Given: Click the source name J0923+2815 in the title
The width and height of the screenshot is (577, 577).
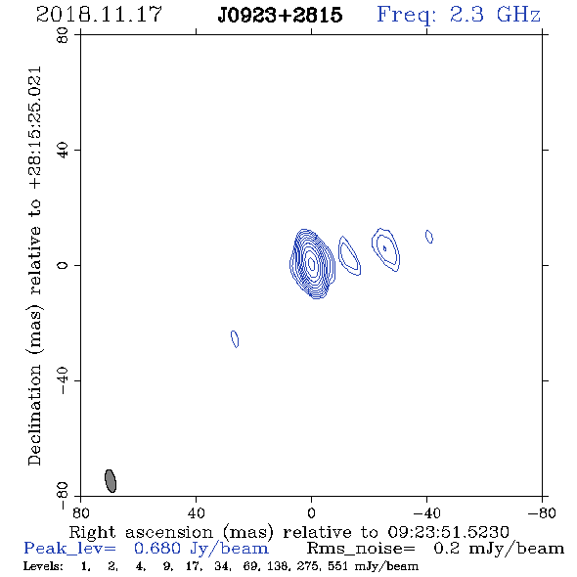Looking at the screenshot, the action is pos(280,15).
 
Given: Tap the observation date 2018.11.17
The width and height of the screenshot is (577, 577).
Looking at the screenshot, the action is pos(99,15).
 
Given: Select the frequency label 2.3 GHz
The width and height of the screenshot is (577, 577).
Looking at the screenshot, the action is pos(495,15).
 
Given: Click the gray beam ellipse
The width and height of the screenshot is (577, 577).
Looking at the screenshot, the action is pos(111,481).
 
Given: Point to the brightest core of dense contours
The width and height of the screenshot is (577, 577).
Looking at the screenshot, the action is pos(312,263).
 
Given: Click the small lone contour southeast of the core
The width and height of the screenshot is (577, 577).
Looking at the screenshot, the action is pos(235,339).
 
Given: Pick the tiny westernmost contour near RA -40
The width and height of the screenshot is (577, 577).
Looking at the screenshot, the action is pos(429,237).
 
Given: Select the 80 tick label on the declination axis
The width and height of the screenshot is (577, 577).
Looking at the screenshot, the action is pos(63,35).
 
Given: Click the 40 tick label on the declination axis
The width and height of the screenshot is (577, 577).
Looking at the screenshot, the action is pos(63,151).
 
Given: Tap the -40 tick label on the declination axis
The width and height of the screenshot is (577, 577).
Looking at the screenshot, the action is pos(63,380).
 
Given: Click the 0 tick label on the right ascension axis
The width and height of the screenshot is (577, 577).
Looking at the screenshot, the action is pos(311,513).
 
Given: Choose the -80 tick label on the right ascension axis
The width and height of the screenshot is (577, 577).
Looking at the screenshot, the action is pos(542,513).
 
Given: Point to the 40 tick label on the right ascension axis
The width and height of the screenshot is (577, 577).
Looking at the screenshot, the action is pos(197,513).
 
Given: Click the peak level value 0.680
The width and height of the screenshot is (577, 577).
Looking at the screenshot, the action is pos(157,549).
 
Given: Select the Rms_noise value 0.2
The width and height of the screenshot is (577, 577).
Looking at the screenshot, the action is pos(446,549).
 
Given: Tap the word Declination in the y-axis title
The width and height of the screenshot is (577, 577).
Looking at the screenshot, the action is pos(34,415).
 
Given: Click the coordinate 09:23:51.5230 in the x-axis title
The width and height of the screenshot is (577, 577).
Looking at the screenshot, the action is pos(448,532).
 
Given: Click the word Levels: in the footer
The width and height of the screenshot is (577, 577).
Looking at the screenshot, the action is pos(43,566).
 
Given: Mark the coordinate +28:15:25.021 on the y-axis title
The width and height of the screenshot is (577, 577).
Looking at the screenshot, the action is pos(34,128).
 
